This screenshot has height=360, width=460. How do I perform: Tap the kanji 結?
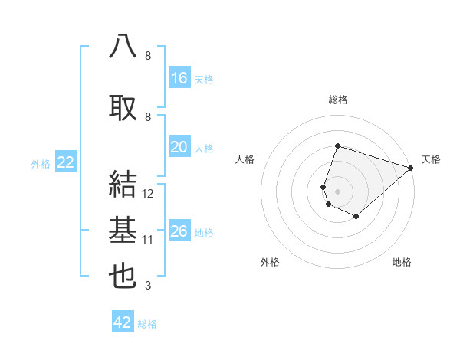(x=123, y=185)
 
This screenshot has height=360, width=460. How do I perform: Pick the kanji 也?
(x=123, y=277)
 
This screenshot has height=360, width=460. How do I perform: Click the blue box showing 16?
(x=179, y=78)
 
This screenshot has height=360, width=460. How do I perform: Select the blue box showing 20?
(x=179, y=147)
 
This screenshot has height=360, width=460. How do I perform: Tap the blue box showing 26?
(x=179, y=231)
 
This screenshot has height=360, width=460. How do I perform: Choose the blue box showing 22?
(x=66, y=162)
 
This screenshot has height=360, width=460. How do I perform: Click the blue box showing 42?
(x=123, y=322)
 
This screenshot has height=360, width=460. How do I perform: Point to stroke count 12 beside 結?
(x=149, y=194)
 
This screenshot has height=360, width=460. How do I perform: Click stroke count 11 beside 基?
(x=149, y=240)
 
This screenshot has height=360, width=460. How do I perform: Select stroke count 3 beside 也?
(x=148, y=286)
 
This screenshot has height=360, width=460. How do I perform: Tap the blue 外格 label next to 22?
(x=41, y=163)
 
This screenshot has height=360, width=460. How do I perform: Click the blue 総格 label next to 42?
(x=147, y=324)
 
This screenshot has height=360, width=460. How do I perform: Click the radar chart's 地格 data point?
(x=356, y=217)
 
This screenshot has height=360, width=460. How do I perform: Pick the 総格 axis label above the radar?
(x=338, y=100)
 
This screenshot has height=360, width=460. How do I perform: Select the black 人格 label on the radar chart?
(x=245, y=159)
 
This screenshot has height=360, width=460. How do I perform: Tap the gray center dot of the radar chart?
(x=337, y=191)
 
